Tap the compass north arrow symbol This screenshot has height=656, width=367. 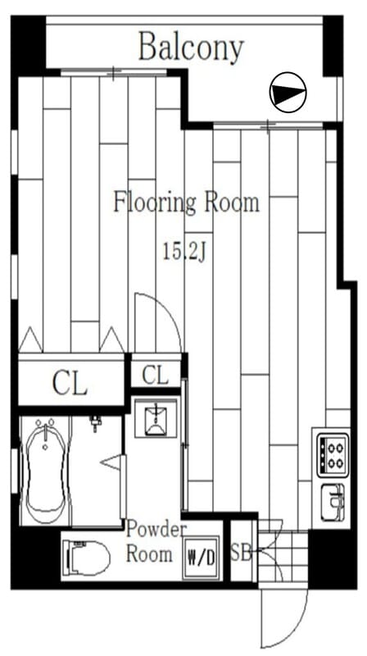pos(288,93)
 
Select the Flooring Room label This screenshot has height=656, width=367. pos(187,203)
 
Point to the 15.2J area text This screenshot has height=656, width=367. pos(185,253)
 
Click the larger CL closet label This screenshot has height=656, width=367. pos(70,383)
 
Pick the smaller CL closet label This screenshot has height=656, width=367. pos(155,375)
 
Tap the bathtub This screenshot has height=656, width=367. pos(46,471)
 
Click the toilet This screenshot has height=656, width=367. pos(86,557)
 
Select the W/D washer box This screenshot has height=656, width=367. pos(201,558)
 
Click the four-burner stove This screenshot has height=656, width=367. pos(333,454)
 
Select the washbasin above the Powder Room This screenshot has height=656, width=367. pos(156,418)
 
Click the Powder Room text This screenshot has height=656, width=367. pos(155,542)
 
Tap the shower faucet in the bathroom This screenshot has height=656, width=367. pos(96,422)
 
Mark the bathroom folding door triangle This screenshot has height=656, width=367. pos(112,462)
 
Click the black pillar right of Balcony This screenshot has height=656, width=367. pos(333,46)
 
